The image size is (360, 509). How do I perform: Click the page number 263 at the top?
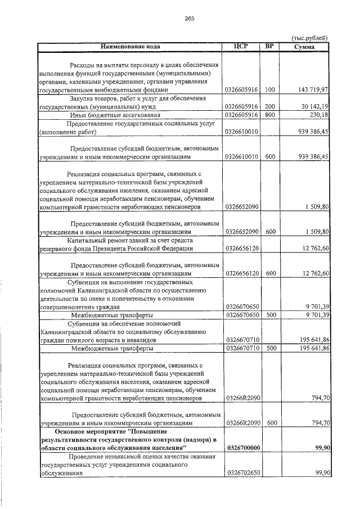(x=189, y=19)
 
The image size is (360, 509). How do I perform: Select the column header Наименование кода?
(x=130, y=46)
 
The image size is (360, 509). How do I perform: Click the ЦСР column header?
(x=241, y=46)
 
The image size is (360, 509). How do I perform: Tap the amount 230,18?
(x=319, y=115)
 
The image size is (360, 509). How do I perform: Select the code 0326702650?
(x=241, y=474)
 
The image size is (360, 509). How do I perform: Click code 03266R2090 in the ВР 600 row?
(x=241, y=422)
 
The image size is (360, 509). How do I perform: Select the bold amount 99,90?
(x=320, y=447)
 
